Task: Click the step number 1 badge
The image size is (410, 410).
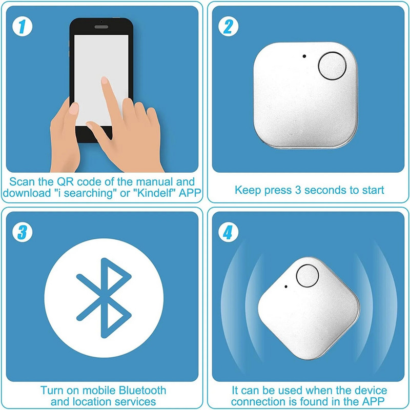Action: [20, 26]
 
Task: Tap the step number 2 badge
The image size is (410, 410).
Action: [228, 26]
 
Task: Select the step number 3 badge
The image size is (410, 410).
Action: [20, 233]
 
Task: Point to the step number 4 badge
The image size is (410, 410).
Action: [228, 234]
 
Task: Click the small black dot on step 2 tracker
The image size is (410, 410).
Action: [305, 56]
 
